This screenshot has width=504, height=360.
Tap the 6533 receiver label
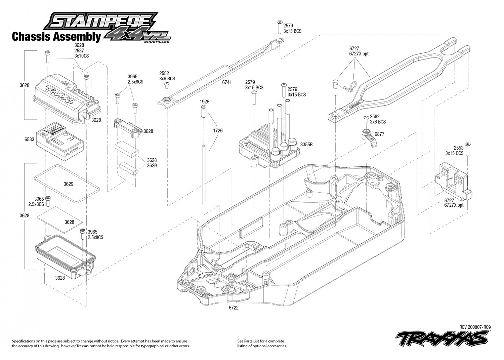(x=29, y=139)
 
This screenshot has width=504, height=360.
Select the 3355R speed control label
(x=307, y=145)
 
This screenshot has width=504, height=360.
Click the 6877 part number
(x=379, y=134)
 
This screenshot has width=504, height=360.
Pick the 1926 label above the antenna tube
(x=204, y=101)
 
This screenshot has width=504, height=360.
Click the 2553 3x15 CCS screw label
(x=454, y=150)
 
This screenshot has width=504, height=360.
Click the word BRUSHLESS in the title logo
(x=156, y=42)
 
